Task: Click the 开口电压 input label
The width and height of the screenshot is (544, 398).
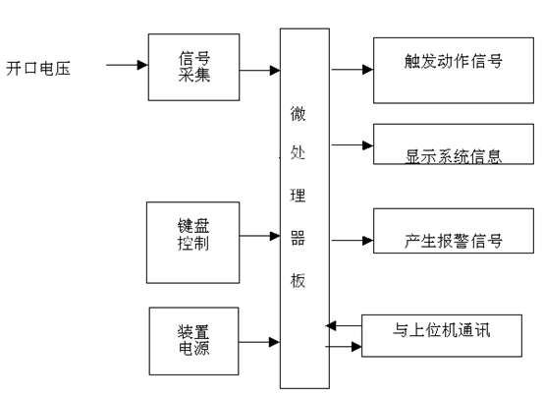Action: (x=38, y=68)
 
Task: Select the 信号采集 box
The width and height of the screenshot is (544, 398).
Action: (x=194, y=68)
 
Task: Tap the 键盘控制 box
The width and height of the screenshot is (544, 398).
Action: (x=192, y=243)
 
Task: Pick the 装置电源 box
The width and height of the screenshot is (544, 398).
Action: (x=194, y=341)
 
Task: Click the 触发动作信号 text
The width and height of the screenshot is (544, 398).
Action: (x=453, y=61)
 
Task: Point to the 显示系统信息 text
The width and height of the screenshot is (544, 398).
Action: (x=453, y=156)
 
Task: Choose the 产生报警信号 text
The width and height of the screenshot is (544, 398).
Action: (x=453, y=241)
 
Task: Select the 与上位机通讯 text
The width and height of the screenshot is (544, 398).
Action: (x=441, y=330)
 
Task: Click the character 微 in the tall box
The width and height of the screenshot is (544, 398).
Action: (x=298, y=114)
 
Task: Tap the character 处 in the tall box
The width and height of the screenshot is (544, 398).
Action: (x=298, y=152)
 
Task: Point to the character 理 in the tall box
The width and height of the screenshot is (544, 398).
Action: (x=298, y=196)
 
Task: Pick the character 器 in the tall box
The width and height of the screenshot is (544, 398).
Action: (x=298, y=238)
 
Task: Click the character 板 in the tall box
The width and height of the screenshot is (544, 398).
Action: (x=298, y=280)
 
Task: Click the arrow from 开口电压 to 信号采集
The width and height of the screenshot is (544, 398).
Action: (x=127, y=65)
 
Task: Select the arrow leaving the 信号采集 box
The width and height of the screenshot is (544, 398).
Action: (x=260, y=71)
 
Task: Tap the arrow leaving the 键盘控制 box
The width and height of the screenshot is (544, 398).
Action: (x=260, y=236)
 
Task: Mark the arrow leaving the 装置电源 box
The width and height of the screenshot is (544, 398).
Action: (x=259, y=342)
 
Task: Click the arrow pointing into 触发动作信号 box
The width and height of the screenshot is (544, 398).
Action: (x=353, y=70)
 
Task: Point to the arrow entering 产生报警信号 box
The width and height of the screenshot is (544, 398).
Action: (x=353, y=241)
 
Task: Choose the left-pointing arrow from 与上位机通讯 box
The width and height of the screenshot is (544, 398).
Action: (x=344, y=325)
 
